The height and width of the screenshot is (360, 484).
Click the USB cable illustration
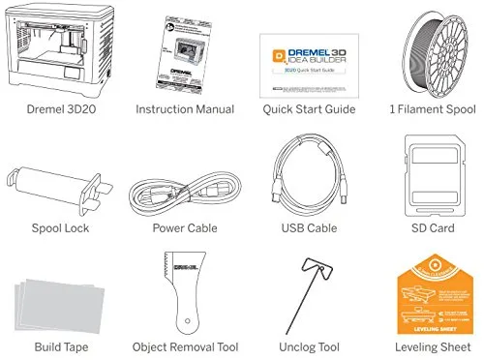pos(304,176)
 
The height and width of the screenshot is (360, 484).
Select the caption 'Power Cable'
pos(184,229)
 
